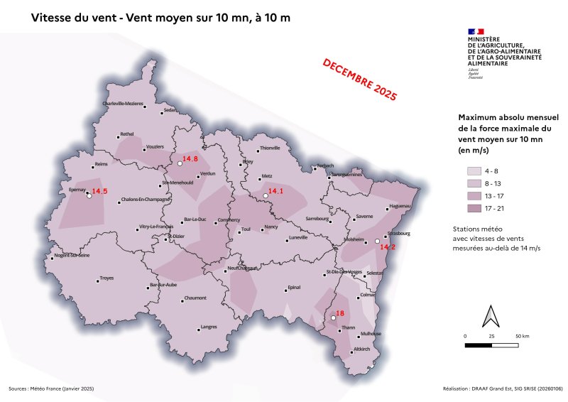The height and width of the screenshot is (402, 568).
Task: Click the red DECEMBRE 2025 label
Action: [359, 77]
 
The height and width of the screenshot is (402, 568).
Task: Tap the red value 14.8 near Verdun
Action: [190, 158]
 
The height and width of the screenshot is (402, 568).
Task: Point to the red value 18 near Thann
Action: [339, 313]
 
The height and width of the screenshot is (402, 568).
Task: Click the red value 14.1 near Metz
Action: [275, 190]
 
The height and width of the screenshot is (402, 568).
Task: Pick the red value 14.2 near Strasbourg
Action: [388, 247]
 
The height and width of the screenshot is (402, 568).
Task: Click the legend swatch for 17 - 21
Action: [474, 208]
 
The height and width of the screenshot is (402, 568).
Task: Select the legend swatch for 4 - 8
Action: [474, 171]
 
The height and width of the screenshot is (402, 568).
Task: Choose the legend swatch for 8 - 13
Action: [474, 183]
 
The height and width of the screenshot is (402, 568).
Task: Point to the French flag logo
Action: [475, 31]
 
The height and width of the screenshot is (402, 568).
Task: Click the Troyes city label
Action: [106, 278]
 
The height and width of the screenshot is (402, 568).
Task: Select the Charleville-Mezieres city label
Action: [124, 104]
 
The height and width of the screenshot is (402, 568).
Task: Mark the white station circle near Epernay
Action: [89, 196]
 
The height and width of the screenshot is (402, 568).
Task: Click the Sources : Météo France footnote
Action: [51, 389]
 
